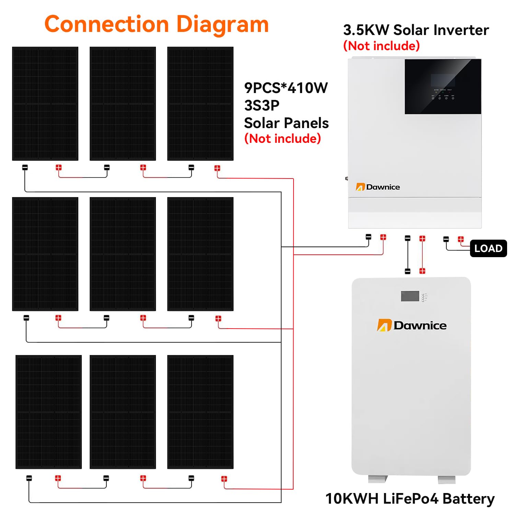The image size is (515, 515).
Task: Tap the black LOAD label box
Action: click(488, 248)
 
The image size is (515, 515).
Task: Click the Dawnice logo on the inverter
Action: click(378, 187)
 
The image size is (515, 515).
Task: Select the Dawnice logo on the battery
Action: click(412, 325)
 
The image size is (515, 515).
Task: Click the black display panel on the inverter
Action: click(443, 87)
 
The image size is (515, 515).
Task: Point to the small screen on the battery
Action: click(410, 296)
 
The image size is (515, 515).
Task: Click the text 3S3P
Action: click(262, 105)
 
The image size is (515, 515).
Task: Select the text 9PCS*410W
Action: click(286, 88)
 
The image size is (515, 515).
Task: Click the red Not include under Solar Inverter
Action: click(381, 46)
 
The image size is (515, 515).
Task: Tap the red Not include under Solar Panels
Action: click(282, 138)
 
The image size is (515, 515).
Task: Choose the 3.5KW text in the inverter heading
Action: click(366, 30)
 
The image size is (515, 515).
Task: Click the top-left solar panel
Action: click(45, 103)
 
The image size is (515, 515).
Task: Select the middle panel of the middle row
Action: click(123, 254)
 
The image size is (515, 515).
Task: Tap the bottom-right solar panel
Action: click(200, 412)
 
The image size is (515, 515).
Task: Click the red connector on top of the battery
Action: click(422, 271)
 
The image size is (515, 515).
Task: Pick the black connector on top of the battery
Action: click(408, 271)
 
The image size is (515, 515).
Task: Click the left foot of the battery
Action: click(378, 479)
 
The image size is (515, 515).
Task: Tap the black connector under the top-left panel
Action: click(25, 168)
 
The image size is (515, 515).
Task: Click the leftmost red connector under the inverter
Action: click(383, 237)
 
